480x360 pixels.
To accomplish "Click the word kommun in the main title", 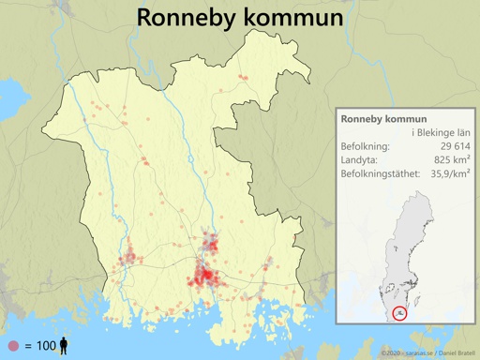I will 289,18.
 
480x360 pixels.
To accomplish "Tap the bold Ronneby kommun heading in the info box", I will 384,120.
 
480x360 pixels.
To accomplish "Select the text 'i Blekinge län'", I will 442,134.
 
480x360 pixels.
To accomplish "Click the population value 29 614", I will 449,147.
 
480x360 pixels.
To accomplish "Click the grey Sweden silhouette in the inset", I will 412,244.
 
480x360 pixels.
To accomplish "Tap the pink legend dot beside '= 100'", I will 12,346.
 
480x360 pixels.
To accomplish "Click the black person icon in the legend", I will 65,345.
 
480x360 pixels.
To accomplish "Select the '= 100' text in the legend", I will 40,346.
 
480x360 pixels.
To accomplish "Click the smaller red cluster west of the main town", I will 128,256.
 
